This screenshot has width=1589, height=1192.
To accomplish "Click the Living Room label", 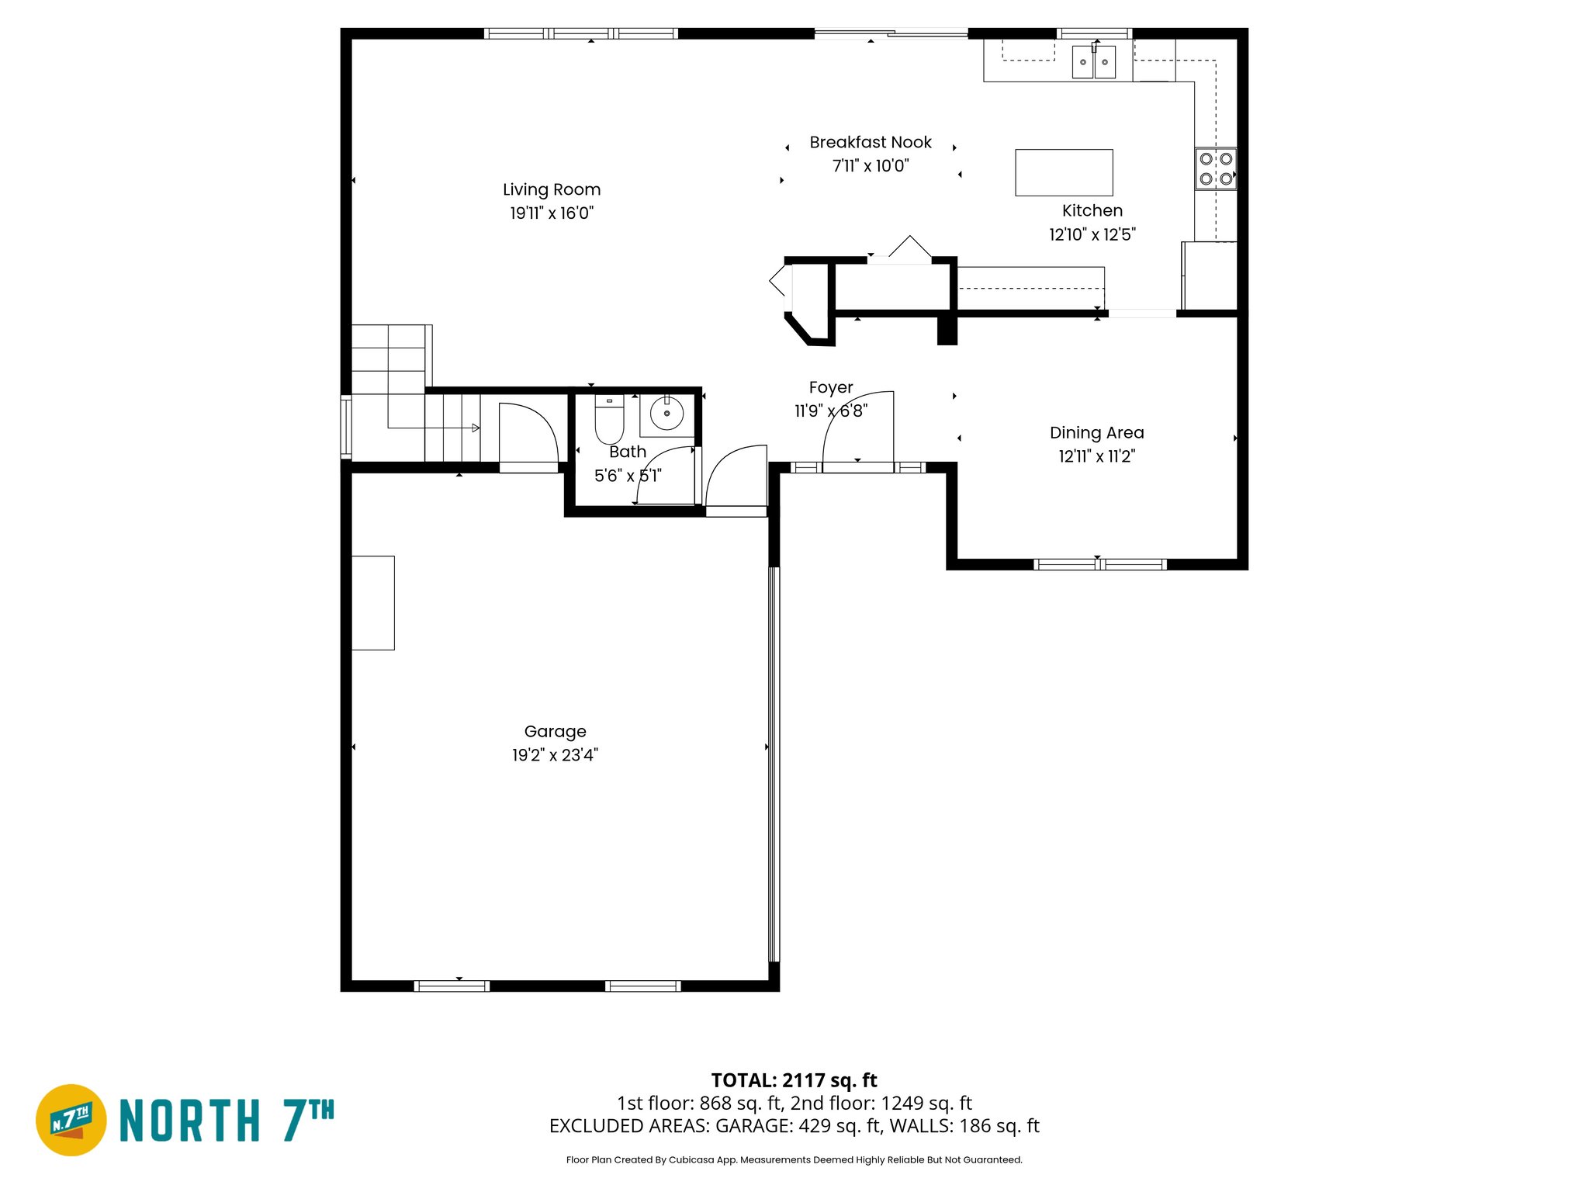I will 551,189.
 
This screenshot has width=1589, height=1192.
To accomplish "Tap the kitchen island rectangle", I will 1064,172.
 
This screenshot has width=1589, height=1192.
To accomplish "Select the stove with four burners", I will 1215,168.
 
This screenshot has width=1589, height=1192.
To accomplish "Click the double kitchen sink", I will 1093,61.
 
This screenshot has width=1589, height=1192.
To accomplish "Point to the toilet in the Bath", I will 609,419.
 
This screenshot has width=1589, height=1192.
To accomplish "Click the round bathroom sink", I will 666,414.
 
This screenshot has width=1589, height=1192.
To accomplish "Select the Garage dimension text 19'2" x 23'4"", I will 555,755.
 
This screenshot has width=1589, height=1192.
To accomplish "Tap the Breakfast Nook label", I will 870,142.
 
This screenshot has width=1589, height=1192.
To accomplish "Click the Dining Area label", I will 1096,432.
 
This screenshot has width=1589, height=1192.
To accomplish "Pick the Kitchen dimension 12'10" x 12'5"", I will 1092,234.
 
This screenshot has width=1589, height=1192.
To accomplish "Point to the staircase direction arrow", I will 475,428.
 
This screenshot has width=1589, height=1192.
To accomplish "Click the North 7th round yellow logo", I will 71,1120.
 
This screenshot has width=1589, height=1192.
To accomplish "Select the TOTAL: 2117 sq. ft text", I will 794,1079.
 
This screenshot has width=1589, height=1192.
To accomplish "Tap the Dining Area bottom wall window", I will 1099,564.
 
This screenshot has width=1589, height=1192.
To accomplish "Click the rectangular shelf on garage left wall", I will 373,602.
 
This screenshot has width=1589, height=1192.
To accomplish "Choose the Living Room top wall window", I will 580,33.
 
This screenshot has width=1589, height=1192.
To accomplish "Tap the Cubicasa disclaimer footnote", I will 794,1159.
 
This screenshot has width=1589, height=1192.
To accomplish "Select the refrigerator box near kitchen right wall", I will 1209,276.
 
